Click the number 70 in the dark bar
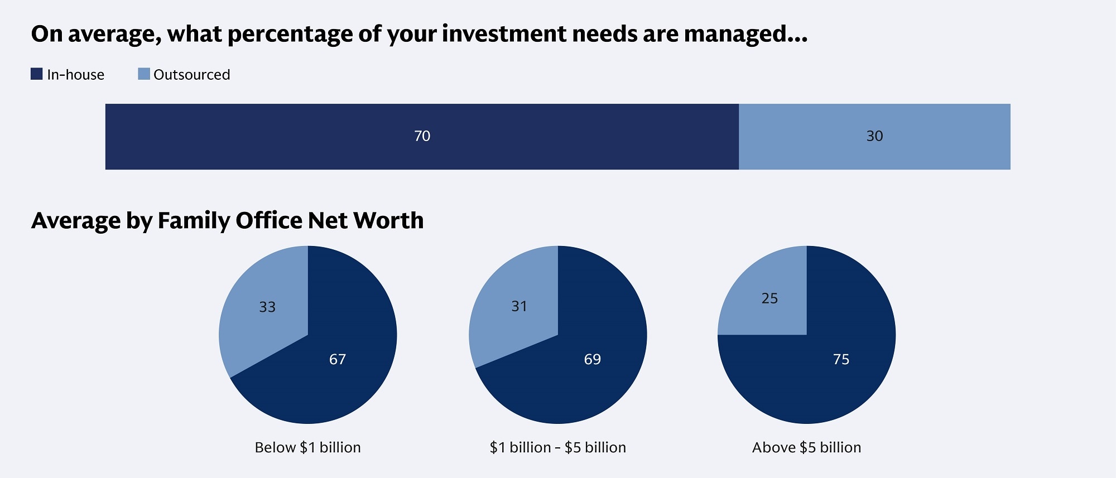pyautogui.click(x=422, y=136)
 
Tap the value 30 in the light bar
pyautogui.click(x=874, y=136)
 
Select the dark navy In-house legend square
pyautogui.click(x=37, y=74)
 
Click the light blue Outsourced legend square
pyautogui.click(x=144, y=74)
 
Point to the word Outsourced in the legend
pyautogui.click(x=191, y=75)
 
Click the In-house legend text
pyautogui.click(x=75, y=75)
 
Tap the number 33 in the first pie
pyautogui.click(x=267, y=307)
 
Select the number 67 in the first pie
pyautogui.click(x=338, y=359)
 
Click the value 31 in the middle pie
pyautogui.click(x=519, y=306)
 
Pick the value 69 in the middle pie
pyautogui.click(x=593, y=359)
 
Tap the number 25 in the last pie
pyautogui.click(x=769, y=298)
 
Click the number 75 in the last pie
pyautogui.click(x=841, y=359)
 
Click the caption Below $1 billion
pyautogui.click(x=307, y=447)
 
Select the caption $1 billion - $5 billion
pyautogui.click(x=557, y=447)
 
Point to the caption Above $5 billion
pyautogui.click(x=806, y=447)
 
